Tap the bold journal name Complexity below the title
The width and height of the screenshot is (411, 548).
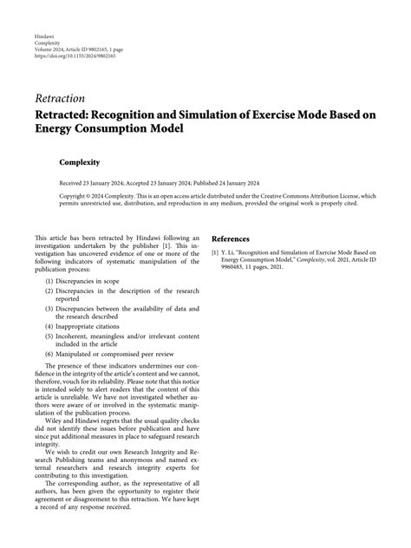coord(79,161)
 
